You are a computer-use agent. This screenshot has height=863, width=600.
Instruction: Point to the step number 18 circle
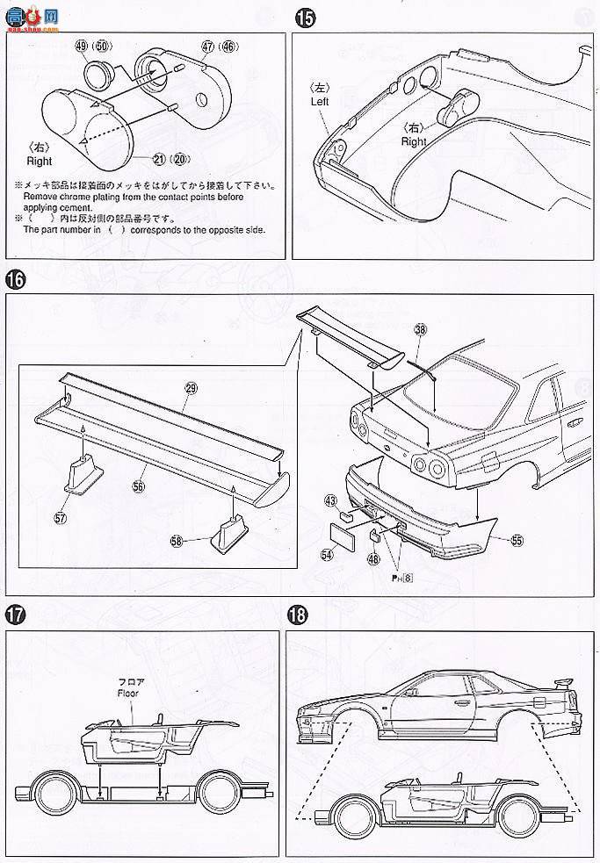[299, 615]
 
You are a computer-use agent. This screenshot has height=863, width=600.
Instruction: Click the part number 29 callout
[189, 387]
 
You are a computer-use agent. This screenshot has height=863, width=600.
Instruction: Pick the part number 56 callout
[138, 484]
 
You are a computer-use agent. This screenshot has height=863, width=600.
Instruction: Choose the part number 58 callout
[177, 542]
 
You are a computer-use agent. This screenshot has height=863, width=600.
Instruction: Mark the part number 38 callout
[420, 329]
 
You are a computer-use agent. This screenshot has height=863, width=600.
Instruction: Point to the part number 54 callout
[327, 555]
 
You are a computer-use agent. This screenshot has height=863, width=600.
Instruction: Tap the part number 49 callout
[83, 45]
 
